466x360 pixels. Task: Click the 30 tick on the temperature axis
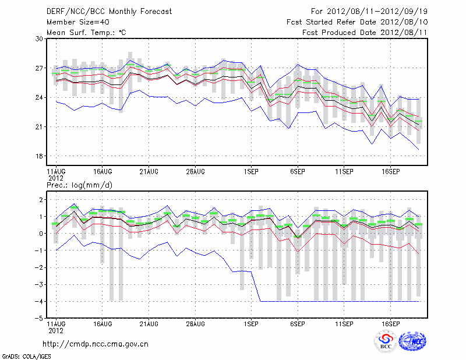click(x=40, y=39)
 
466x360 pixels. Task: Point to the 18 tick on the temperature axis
click(x=40, y=156)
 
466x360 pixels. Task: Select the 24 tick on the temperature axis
click(x=40, y=97)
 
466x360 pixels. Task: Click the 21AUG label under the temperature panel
click(x=149, y=172)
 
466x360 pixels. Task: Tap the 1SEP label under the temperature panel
click(x=251, y=172)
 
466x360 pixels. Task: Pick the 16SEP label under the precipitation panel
click(x=390, y=323)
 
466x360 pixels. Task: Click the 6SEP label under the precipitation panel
click(x=298, y=323)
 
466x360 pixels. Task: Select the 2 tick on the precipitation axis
click(x=41, y=200)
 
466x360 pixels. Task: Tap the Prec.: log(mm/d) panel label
click(x=79, y=185)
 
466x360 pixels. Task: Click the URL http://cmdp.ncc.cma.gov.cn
click(x=96, y=344)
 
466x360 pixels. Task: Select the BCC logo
click(x=386, y=342)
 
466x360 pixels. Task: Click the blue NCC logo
click(x=412, y=342)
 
